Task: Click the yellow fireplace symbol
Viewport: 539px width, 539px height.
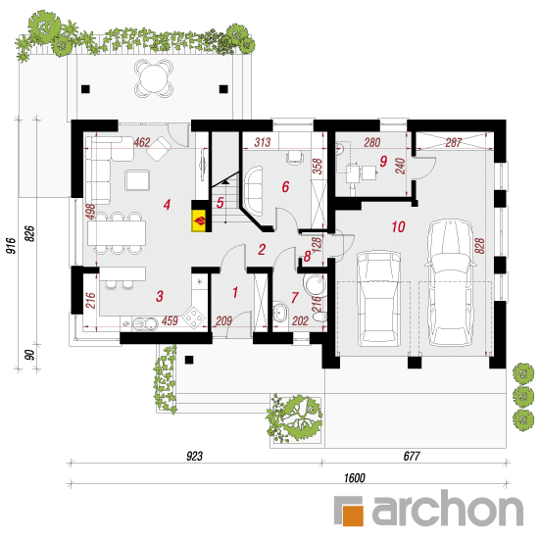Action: coord(199,220)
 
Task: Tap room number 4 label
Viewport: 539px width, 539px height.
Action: coord(167,205)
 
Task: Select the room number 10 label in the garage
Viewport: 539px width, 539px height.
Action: coord(398,226)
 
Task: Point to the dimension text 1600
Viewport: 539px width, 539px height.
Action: coord(355,478)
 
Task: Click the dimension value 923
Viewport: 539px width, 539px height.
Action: coord(195,456)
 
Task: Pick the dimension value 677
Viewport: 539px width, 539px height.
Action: coord(412,456)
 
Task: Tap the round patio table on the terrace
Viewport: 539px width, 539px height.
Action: coord(153,77)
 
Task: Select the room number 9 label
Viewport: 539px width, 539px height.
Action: coord(383,161)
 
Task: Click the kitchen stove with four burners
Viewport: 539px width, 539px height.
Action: coord(194,317)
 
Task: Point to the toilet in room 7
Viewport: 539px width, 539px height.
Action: coord(319,317)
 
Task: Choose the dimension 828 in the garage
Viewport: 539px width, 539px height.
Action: coord(480,245)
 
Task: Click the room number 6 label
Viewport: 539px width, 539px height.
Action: coord(285,186)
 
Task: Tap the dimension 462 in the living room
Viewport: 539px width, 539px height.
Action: coord(142,142)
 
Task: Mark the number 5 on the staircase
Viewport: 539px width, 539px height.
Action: coord(220,202)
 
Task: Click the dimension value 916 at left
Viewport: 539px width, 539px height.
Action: coord(11,245)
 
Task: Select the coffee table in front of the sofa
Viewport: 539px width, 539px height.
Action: coord(137,180)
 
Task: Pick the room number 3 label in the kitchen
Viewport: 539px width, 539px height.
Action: coord(160,296)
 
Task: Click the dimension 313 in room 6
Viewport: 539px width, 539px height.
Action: coord(263,142)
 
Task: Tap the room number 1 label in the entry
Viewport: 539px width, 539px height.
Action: coord(235,293)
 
